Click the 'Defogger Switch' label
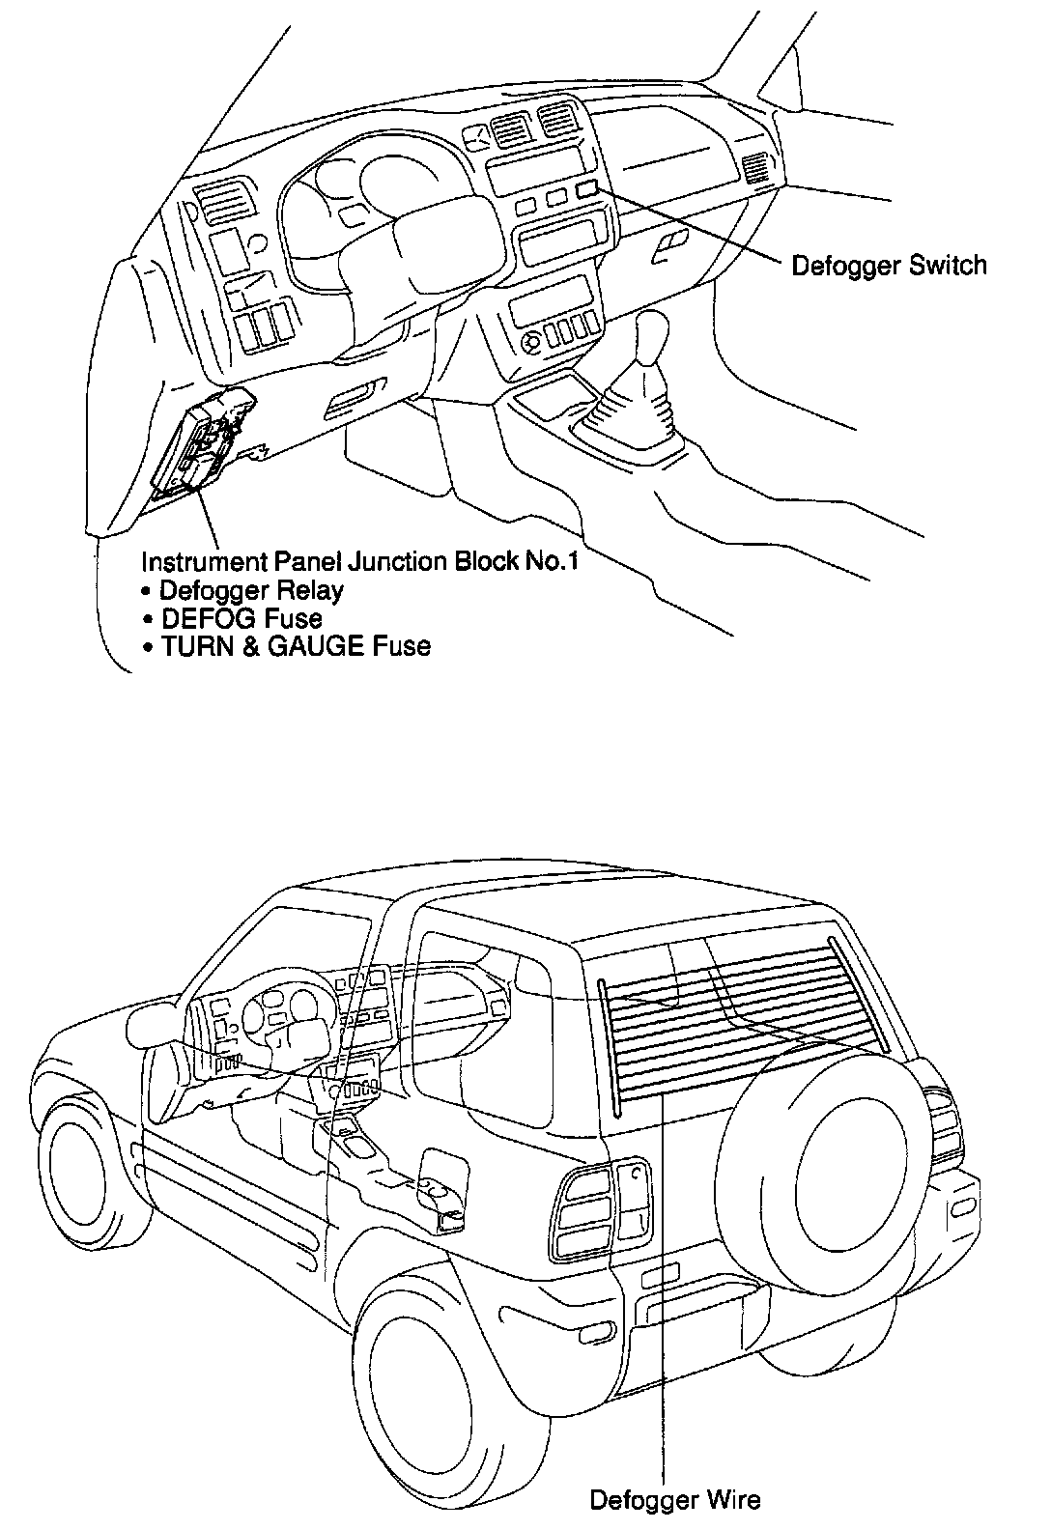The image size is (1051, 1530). click(x=889, y=266)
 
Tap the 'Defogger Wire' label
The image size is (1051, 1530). click(x=674, y=1500)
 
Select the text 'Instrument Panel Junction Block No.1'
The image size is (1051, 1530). click(x=359, y=561)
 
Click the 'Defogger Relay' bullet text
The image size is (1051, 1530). click(x=250, y=589)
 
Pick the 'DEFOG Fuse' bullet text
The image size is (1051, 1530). click(x=241, y=617)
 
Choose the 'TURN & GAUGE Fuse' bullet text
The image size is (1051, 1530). click(x=295, y=645)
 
